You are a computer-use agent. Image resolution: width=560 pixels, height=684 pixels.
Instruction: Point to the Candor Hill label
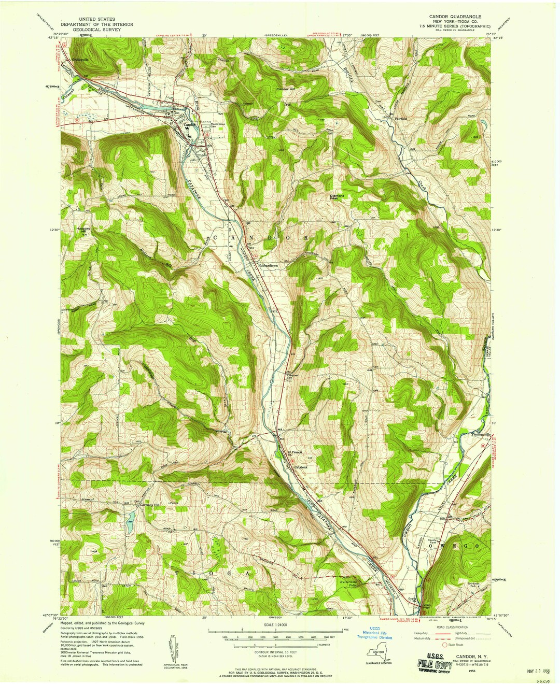tap(285, 90)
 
